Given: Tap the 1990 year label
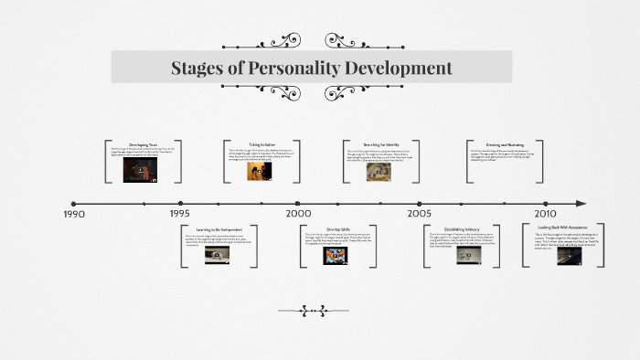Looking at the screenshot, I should [73, 214].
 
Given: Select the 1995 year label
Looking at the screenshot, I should [180, 214].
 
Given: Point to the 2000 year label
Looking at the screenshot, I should [298, 214].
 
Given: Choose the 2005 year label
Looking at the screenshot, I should [420, 214].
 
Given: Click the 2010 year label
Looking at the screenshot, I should [545, 214].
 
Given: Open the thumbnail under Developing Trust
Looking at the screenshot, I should [137, 172].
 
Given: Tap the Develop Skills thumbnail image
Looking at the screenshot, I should [335, 256].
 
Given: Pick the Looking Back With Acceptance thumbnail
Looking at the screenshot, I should [569, 256].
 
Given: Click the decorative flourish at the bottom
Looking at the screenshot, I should [319, 311].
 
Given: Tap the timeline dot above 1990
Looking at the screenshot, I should [73, 203].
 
